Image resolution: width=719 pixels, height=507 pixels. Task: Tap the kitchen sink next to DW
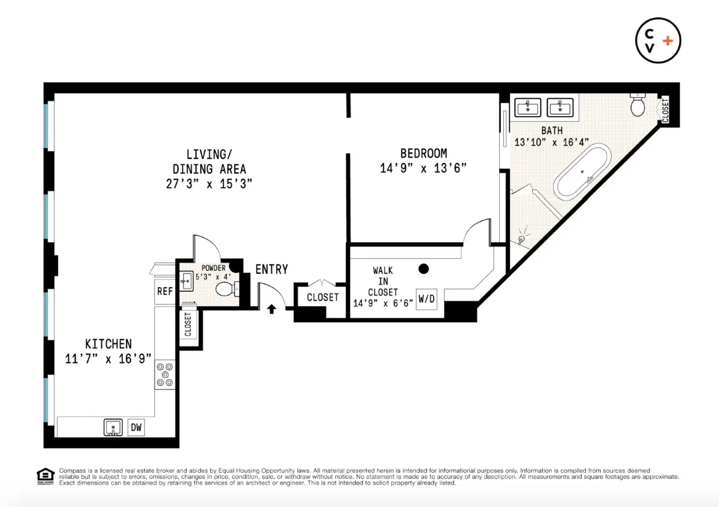click(112, 428)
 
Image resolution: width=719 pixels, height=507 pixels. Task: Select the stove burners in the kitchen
click(165, 374)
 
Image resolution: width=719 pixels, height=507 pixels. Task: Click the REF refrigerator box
click(165, 291)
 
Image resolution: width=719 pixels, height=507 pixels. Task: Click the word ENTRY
click(271, 270)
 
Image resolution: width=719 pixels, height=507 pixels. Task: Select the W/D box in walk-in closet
click(427, 298)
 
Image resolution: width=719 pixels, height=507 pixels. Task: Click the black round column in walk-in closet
click(424, 269)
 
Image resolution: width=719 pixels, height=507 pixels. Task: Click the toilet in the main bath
click(638, 105)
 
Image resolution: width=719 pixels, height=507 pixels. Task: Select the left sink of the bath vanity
click(528, 107)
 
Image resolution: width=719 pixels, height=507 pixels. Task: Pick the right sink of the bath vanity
click(560, 107)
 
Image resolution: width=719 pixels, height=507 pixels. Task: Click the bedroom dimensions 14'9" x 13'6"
click(424, 168)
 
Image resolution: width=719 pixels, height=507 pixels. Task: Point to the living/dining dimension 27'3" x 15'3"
click(209, 184)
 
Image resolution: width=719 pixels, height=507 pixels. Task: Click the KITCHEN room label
click(108, 344)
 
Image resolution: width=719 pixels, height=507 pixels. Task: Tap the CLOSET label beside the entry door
click(322, 297)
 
